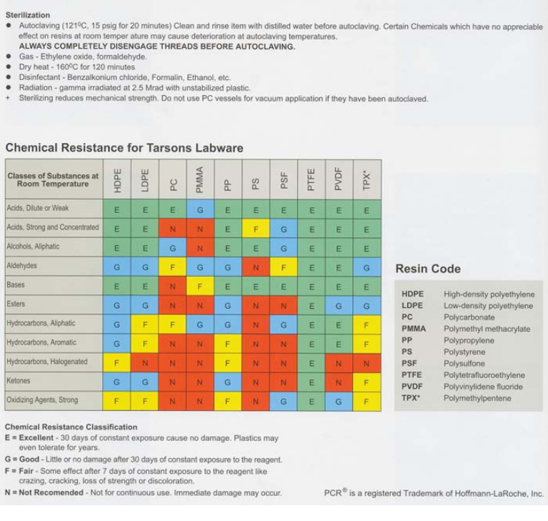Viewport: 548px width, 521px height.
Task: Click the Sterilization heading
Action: (27, 15)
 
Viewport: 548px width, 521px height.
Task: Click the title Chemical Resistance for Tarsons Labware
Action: (124, 148)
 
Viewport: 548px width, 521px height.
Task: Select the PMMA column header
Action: (199, 179)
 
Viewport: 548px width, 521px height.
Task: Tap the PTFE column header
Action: (311, 179)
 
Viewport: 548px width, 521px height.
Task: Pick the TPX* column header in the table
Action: (367, 179)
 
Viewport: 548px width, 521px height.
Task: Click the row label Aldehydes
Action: (23, 266)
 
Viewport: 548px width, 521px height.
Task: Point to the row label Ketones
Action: (19, 381)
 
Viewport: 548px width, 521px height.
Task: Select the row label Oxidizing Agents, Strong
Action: (43, 400)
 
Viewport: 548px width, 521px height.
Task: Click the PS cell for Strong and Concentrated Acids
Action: (255, 227)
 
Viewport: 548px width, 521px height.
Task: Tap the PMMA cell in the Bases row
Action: (199, 285)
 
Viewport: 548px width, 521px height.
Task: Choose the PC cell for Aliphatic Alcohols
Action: (171, 247)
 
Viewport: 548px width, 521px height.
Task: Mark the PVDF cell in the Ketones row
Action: (339, 381)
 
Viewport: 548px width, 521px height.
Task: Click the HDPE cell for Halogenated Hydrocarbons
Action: (116, 362)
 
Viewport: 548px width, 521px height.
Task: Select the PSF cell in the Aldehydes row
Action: (283, 266)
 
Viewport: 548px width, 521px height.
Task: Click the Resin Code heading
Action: (428, 269)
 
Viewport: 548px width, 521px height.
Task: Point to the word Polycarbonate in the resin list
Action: (469, 317)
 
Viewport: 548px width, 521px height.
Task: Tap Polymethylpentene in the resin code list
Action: (477, 398)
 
